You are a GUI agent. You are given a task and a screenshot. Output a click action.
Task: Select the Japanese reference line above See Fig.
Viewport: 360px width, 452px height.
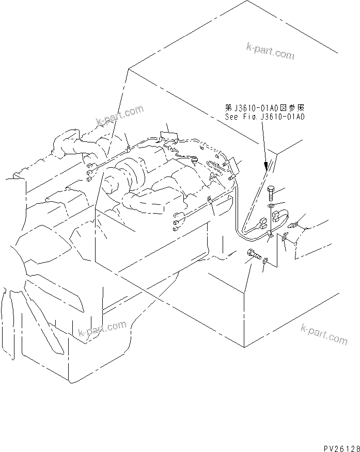[265, 108]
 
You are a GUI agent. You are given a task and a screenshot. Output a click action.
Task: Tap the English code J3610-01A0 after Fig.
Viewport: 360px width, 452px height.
[284, 117]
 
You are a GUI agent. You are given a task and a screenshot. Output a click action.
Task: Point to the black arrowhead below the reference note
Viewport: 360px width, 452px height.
[267, 165]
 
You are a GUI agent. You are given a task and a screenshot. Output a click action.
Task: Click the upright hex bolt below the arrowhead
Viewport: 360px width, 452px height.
[272, 195]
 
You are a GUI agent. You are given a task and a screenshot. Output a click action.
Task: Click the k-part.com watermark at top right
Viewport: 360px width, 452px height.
[269, 50]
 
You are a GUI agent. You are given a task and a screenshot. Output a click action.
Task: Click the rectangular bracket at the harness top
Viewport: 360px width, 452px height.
[168, 137]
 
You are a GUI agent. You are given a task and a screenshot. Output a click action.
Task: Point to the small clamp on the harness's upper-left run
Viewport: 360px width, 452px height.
[128, 150]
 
